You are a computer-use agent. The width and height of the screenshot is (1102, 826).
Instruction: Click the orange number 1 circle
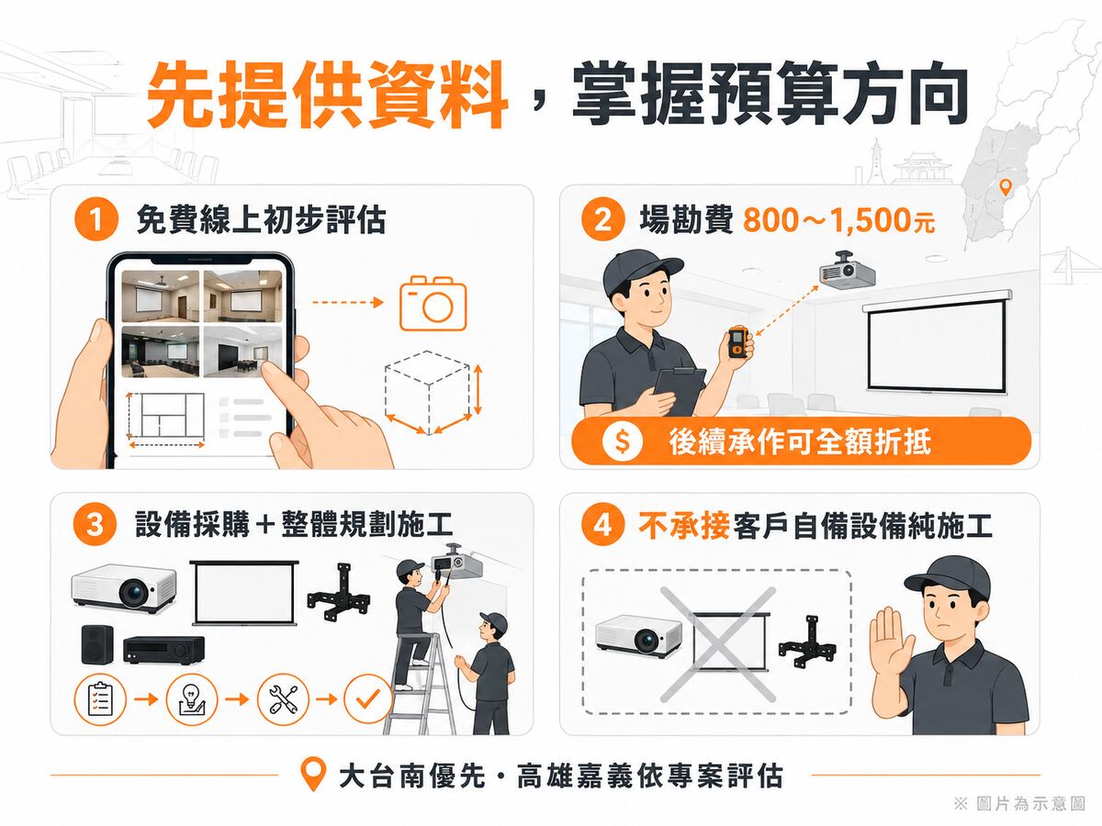(96, 219)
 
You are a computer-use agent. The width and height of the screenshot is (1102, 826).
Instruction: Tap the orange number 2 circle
(602, 219)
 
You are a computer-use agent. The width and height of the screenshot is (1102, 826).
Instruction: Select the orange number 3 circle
(95, 525)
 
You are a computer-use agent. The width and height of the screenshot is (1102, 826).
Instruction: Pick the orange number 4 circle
(602, 525)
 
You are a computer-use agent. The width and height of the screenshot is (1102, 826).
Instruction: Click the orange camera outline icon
(433, 303)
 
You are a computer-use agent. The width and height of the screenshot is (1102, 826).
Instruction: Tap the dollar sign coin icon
(622, 441)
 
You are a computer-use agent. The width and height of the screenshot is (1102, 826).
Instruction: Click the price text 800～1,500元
(838, 220)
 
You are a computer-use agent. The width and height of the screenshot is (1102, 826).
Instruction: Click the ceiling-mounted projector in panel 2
(848, 272)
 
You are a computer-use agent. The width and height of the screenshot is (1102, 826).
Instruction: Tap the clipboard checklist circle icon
(99, 699)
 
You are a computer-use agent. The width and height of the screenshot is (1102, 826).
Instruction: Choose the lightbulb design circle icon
(192, 699)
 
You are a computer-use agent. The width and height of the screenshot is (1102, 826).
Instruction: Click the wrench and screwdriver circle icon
(283, 699)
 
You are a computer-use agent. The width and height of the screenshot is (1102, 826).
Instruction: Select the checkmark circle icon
(368, 699)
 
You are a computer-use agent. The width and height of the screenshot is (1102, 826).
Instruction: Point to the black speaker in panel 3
(97, 644)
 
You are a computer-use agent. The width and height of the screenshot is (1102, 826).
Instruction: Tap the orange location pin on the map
(1005, 187)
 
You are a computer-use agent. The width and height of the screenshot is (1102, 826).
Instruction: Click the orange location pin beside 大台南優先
(313, 774)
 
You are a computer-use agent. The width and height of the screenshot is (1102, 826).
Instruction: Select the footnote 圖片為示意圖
(1030, 803)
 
